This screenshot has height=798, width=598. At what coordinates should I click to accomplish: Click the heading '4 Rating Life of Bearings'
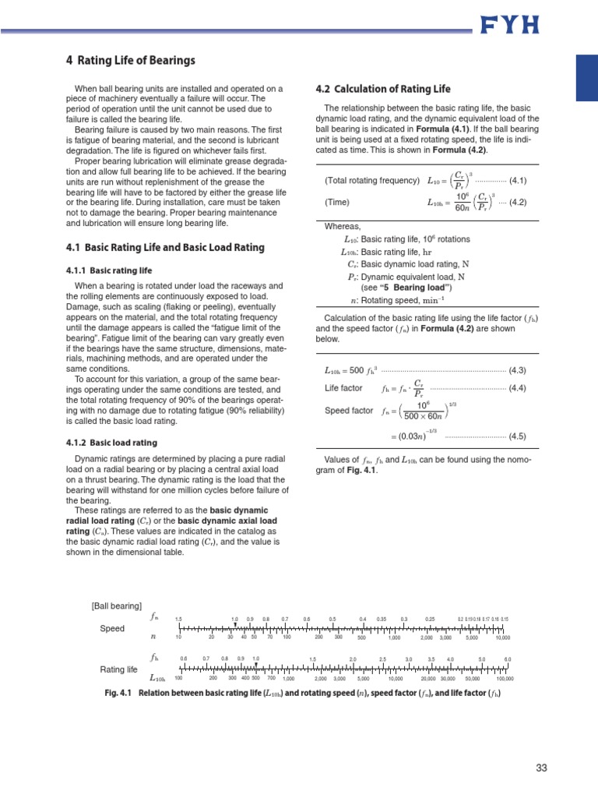(130, 61)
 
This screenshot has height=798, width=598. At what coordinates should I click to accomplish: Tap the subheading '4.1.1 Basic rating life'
(108, 270)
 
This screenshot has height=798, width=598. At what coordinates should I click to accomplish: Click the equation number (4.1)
(518, 181)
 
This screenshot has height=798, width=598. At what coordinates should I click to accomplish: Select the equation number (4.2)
(518, 202)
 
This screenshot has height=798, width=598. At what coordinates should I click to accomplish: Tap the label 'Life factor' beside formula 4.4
(343, 388)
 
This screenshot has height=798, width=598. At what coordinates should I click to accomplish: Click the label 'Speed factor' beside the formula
(349, 411)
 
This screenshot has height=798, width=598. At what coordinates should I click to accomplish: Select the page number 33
(541, 768)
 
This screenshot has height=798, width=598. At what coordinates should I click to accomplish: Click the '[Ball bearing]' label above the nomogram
(117, 606)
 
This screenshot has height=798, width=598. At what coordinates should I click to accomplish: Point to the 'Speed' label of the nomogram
(112, 628)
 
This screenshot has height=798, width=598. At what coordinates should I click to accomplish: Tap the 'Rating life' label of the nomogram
(118, 669)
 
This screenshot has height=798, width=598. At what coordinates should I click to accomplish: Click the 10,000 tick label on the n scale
(503, 637)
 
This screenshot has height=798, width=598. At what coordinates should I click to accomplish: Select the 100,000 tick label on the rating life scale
(505, 679)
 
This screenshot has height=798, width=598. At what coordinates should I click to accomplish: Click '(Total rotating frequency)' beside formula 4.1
(372, 181)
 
